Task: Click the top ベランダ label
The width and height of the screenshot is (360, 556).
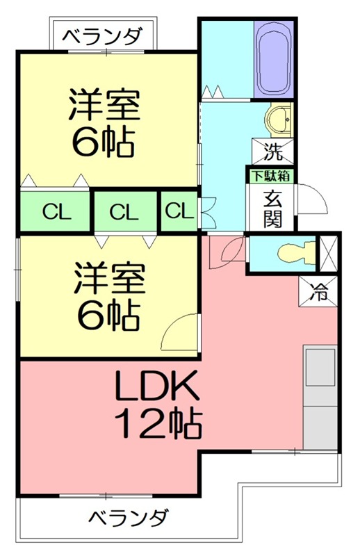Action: click(x=104, y=35)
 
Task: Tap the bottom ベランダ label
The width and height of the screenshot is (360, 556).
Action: click(x=129, y=518)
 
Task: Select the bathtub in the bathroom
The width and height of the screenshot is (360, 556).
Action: click(x=275, y=60)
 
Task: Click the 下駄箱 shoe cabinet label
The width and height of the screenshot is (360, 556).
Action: click(x=270, y=177)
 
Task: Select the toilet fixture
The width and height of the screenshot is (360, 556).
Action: click(x=291, y=254)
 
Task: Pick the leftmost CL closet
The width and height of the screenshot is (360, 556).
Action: click(x=55, y=211)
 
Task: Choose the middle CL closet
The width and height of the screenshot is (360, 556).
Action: click(x=124, y=211)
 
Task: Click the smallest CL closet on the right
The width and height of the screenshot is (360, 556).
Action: click(x=179, y=210)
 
